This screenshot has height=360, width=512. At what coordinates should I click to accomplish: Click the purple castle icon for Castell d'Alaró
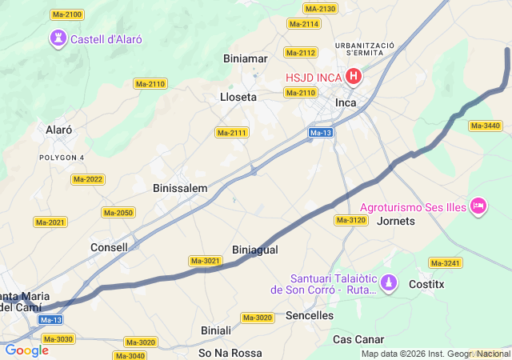click(x=58, y=38)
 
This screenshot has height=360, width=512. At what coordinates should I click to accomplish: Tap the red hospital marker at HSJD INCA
click(x=353, y=78)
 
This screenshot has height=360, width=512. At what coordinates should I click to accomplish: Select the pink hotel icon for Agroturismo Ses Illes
click(x=479, y=206)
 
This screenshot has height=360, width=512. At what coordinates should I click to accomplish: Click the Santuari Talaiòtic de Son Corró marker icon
click(x=390, y=282)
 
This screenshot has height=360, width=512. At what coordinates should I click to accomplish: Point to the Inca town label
click(x=346, y=103)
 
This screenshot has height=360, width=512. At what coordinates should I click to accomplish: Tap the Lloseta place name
click(x=238, y=97)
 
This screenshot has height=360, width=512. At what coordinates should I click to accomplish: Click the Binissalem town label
click(x=180, y=188)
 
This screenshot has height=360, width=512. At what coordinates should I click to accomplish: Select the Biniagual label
click(x=254, y=250)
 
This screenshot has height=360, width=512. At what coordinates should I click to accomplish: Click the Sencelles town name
click(x=310, y=315)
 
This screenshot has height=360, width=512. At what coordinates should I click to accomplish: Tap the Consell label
click(x=109, y=247)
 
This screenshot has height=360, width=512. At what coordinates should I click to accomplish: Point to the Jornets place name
click(x=395, y=220)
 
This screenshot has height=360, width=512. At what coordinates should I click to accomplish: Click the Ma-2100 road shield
click(x=66, y=15)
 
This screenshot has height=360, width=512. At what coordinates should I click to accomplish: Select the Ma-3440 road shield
click(x=486, y=126)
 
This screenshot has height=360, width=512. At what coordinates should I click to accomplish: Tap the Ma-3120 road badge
click(x=350, y=220)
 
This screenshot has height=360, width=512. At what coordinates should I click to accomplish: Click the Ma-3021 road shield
click(x=206, y=261)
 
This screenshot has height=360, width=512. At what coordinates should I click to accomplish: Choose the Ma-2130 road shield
click(x=321, y=9)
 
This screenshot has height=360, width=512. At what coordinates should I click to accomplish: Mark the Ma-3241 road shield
click(x=445, y=262)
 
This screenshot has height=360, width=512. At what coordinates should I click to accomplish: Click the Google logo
click(x=26, y=350)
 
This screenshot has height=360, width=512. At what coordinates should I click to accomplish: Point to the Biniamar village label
click(x=246, y=58)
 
